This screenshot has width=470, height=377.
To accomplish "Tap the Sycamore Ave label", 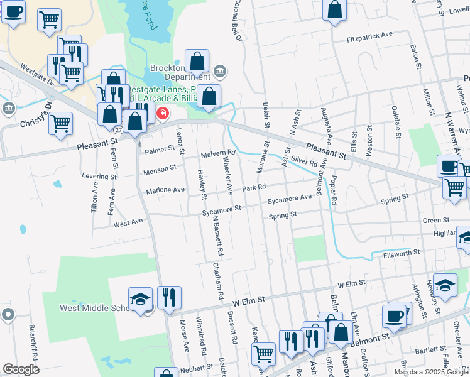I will click(x=289, y=199).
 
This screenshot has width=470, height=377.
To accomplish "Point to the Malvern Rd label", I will click(x=217, y=153).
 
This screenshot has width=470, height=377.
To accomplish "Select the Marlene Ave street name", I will click(x=165, y=190).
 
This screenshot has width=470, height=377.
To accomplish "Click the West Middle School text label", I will click(x=94, y=308).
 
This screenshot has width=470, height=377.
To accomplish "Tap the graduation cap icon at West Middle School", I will click(x=140, y=298).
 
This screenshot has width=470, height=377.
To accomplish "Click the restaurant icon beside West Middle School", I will click(x=169, y=297).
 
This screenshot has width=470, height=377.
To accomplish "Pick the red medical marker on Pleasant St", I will click(x=163, y=114).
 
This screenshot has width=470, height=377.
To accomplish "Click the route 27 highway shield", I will click(x=118, y=129).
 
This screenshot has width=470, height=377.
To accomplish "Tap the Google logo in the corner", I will click(x=21, y=369).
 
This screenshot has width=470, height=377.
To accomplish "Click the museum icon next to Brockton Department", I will click(x=220, y=70).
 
